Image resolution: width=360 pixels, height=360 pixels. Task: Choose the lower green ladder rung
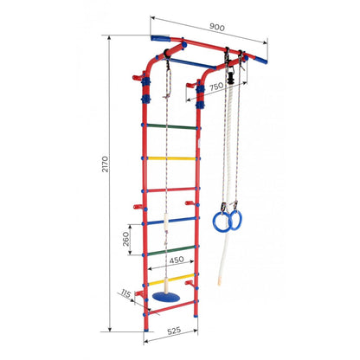(170, 251)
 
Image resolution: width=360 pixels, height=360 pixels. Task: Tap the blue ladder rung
(170, 220)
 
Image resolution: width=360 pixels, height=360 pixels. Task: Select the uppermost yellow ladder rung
(170, 158)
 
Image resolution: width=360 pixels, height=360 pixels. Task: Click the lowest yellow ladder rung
(170, 281)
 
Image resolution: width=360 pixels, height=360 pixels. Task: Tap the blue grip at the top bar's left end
(162, 39)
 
